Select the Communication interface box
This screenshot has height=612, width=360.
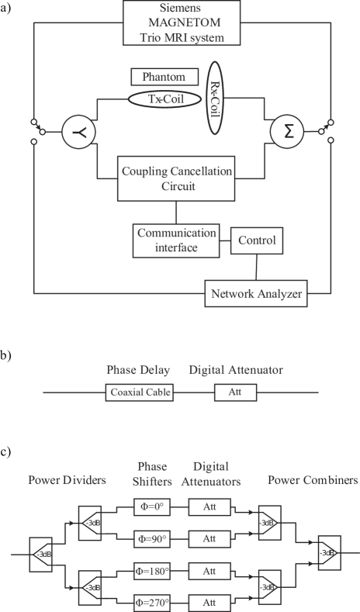click(x=176, y=240)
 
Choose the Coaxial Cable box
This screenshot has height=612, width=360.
click(x=139, y=392)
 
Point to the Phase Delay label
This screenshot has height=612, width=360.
click(x=139, y=371)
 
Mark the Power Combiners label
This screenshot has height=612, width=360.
click(x=313, y=480)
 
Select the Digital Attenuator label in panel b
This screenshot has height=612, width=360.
click(x=235, y=371)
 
